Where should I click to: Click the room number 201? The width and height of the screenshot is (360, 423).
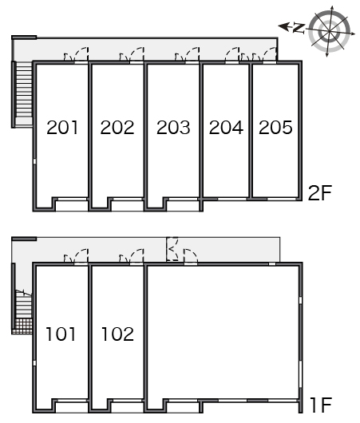[62, 128]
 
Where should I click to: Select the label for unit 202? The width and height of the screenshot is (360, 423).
[117, 128]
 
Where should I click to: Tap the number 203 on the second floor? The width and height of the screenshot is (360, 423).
[173, 128]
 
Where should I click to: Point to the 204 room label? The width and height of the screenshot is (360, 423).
[226, 128]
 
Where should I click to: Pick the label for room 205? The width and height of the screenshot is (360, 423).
[275, 128]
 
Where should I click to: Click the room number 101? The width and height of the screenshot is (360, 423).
[61, 334]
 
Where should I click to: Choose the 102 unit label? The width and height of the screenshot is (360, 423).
[117, 334]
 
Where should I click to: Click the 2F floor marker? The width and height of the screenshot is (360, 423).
[320, 193]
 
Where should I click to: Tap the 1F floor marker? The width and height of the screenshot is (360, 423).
[320, 405]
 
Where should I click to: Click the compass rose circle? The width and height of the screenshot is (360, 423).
[329, 31]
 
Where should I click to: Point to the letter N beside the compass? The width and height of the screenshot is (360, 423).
[299, 28]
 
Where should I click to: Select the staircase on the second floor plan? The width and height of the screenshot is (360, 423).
[24, 94]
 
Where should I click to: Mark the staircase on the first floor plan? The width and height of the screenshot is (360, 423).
[24, 305]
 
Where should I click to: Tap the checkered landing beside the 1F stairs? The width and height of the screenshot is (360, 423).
[24, 326]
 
